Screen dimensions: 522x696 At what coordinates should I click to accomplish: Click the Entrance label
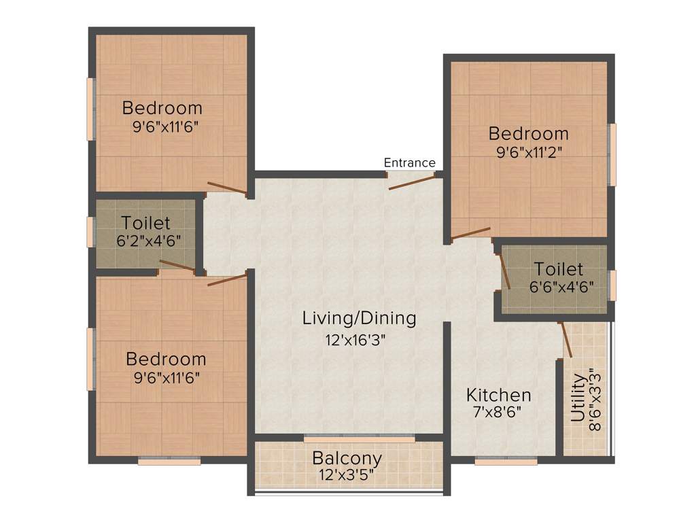tap(409, 162)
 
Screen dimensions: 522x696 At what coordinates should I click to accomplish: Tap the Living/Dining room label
tap(359, 317)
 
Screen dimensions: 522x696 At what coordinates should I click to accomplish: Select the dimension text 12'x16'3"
tap(359, 338)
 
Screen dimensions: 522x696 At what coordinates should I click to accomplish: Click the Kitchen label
tap(498, 395)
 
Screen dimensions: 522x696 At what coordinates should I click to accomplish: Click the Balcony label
tap(347, 458)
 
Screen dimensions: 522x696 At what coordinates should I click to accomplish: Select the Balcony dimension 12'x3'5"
tap(347, 474)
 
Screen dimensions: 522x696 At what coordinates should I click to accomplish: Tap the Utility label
tap(578, 398)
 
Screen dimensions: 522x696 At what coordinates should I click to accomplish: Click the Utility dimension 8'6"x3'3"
tap(595, 398)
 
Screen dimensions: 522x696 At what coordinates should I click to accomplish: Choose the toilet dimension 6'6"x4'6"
tap(559, 286)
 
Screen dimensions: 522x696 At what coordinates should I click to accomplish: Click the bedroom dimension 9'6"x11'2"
tap(528, 152)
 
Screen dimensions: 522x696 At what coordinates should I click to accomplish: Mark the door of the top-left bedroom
tap(227, 188)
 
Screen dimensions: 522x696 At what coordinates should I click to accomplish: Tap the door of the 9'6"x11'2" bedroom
tap(470, 234)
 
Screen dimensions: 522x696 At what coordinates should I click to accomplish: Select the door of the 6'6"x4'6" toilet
tap(505, 271)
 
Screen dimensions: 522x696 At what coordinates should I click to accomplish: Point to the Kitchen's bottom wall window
tap(506, 461)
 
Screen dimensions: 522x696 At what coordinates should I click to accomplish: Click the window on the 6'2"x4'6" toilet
tap(90, 232)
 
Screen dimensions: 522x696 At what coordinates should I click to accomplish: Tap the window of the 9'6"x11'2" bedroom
tap(612, 154)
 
